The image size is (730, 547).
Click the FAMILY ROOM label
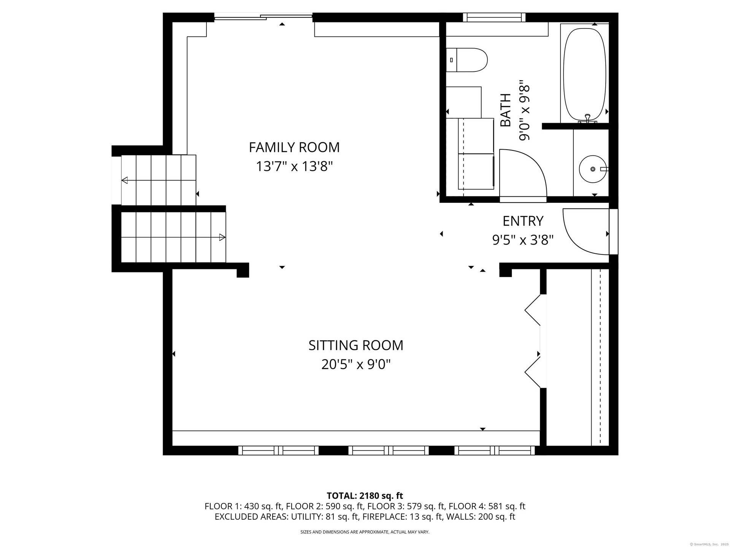coord(294,147)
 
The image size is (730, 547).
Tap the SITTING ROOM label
coord(356,345)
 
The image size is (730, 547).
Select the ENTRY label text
coord(523,221)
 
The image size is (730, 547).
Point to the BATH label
coord(505,110)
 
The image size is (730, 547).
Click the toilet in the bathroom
coord(467,60)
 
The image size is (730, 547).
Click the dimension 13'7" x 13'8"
coord(294,166)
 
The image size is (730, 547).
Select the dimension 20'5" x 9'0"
coord(356,365)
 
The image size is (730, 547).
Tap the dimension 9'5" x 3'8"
coord(523,240)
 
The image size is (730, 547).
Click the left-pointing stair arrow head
coord(124,180)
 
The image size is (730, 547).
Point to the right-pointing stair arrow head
coord(222,237)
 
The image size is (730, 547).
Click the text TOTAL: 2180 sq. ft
coord(365,496)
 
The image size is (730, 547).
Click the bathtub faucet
coord(587,119)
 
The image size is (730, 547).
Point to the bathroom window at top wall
coord(494,17)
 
